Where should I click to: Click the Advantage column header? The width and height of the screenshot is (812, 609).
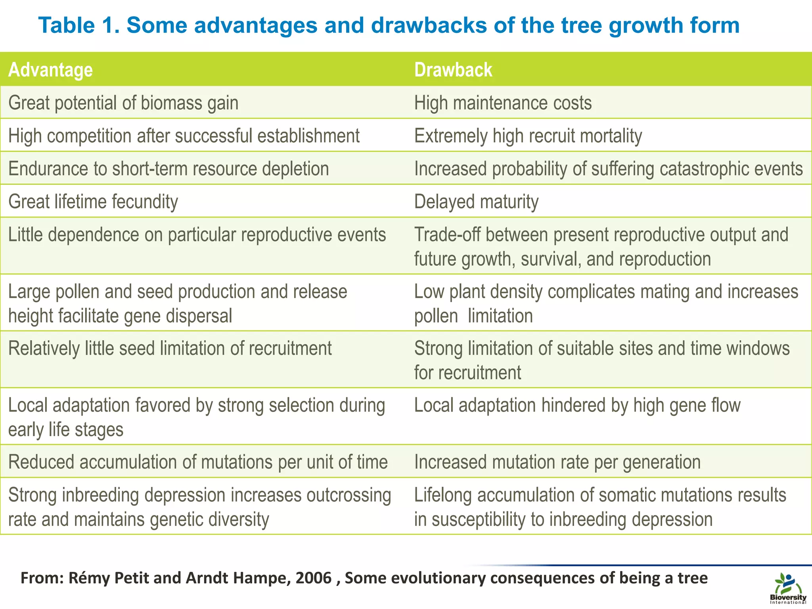pos(50,70)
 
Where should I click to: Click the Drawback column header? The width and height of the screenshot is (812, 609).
pos(453,70)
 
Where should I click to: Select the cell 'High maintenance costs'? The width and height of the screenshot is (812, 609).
pos(503,103)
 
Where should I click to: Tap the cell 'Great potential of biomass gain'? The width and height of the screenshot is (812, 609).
pos(123,103)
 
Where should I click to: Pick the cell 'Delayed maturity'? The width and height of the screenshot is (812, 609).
pos(476,202)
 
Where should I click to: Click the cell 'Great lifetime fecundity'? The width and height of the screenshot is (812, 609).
pos(93,202)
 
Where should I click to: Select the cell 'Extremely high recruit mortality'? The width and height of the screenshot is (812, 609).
pos(528,136)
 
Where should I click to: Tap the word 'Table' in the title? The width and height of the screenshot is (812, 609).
pos(67,25)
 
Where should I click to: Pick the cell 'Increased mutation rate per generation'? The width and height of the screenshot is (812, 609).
pos(557,462)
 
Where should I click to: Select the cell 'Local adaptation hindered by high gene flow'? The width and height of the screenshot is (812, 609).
pos(577,406)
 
